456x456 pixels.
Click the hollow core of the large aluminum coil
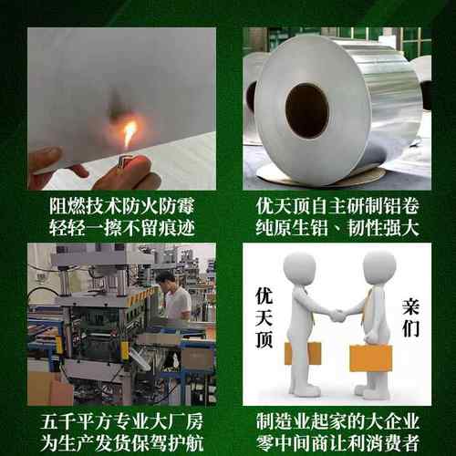pyautogui.click(x=306, y=110)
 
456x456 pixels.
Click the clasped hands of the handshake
pyautogui.click(x=338, y=316)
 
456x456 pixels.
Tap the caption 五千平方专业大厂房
pyautogui.click(x=121, y=421)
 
